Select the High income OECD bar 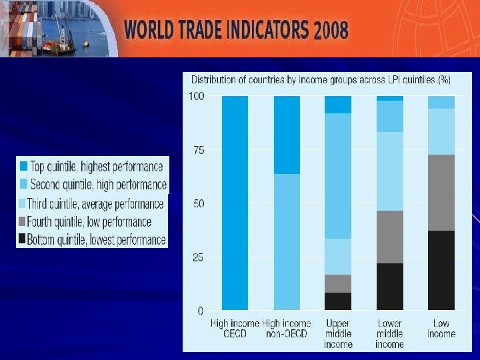[235, 203]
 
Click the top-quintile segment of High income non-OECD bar [287, 135]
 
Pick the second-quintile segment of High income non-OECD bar [287, 242]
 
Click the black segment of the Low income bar [441, 270]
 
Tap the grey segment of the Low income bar [441, 193]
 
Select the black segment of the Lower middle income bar [390, 287]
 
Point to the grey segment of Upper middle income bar [338, 283]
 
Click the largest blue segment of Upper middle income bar [338, 176]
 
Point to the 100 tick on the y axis [196, 96]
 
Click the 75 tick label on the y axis [198, 150]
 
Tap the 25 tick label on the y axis [198, 257]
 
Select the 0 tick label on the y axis [201, 311]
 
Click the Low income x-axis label [441, 328]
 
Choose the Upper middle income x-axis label [338, 333]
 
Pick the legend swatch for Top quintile [23, 167]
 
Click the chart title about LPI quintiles [321, 79]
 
